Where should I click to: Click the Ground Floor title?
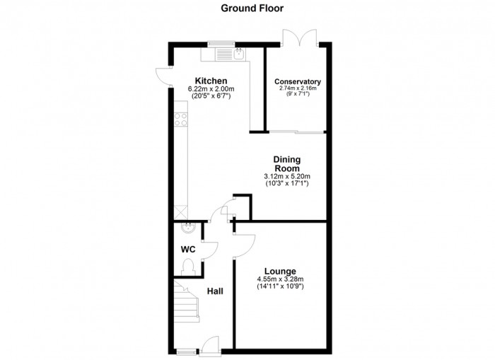tap(252, 8)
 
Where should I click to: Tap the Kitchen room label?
tap(211, 81)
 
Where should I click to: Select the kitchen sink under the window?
tap(239, 54)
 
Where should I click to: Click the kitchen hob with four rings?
tap(180, 120)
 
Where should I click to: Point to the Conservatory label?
tap(298, 82)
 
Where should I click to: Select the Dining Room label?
tap(286, 163)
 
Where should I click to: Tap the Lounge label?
tap(280, 272)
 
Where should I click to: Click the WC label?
tap(188, 250)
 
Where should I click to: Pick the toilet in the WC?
tap(187, 267)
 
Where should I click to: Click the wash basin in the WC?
tap(189, 227)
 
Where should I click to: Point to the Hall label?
tap(215, 291)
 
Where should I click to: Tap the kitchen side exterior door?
tap(163, 76)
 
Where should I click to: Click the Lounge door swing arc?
tap(245, 245)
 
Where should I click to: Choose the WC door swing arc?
tap(211, 250)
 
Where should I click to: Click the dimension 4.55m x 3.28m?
tap(280, 279)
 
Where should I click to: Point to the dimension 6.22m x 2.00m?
tap(211, 89)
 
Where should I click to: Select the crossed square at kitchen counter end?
tap(181, 212)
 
